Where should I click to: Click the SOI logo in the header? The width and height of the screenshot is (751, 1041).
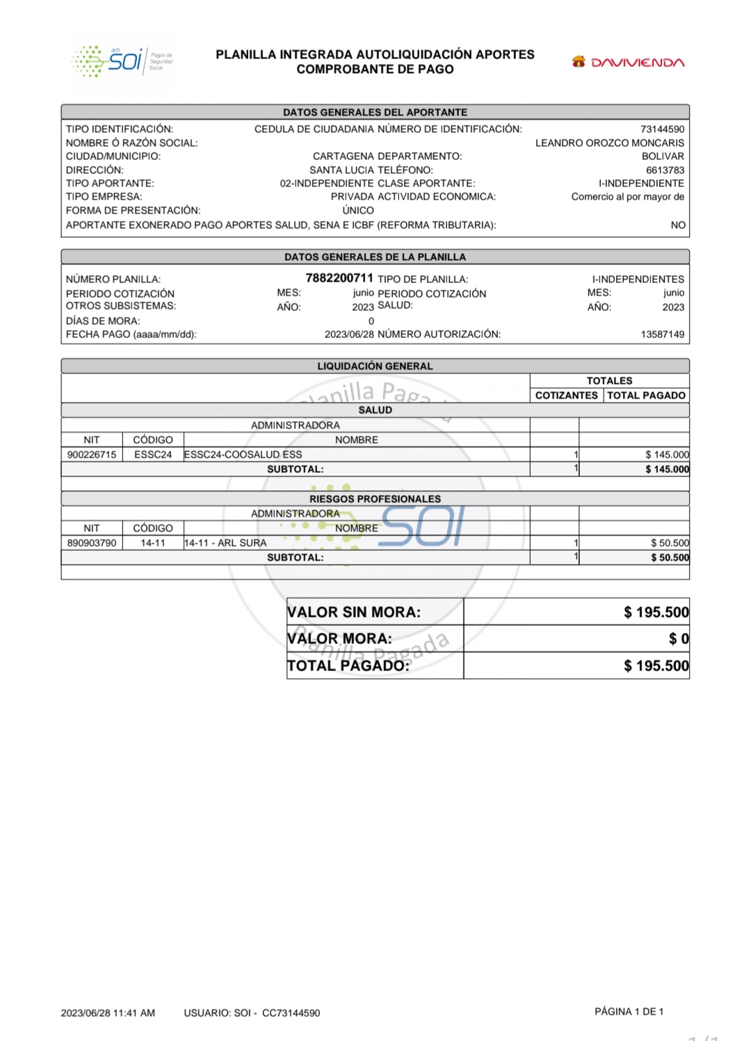(122, 62)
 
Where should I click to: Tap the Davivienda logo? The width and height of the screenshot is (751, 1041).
(628, 63)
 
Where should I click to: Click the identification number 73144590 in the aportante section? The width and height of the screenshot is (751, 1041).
(662, 129)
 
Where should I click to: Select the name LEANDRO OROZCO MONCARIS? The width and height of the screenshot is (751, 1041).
(609, 143)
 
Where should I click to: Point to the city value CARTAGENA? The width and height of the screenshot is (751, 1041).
(343, 156)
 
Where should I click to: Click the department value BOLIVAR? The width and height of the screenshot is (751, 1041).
(663, 156)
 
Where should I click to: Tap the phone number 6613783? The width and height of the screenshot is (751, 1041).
(665, 170)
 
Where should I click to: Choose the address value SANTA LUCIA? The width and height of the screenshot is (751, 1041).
(341, 170)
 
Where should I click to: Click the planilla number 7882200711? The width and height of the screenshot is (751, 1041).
(339, 278)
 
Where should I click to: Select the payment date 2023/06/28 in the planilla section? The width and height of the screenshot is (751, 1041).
(349, 334)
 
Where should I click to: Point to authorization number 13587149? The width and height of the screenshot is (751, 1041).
(662, 334)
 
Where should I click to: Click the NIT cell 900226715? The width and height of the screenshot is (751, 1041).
(92, 455)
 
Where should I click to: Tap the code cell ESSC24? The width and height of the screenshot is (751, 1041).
(153, 455)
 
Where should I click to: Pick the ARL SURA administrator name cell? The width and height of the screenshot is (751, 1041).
(225, 543)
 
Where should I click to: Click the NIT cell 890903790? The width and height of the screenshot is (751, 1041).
(92, 543)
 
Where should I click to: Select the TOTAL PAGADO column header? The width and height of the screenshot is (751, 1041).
(646, 396)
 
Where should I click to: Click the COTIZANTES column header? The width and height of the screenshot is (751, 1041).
(566, 396)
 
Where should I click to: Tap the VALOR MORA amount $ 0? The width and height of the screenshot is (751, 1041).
(679, 638)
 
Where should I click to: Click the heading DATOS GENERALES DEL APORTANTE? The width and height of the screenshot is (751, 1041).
(375, 112)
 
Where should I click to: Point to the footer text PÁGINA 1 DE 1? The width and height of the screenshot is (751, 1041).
(629, 1012)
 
